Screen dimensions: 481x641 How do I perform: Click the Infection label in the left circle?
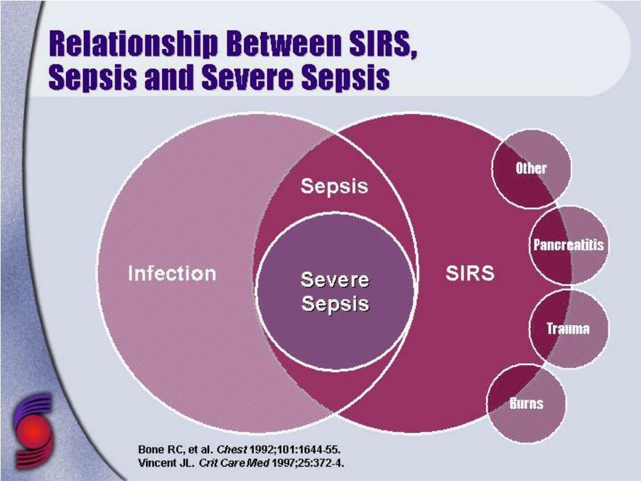pos(172,274)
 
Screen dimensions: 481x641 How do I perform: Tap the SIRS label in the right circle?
pos(469,273)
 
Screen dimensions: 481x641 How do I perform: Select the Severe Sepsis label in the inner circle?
pos(335,292)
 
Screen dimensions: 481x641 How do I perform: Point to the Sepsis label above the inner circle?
pos(334,187)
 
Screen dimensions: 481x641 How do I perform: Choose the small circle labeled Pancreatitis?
pos(568,245)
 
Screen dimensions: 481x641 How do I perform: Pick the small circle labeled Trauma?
pos(568,329)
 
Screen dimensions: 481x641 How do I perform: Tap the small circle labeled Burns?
pos(526,403)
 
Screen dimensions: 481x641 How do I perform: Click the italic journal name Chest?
pos(232,450)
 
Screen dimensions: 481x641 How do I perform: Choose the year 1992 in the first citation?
pos(262,450)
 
